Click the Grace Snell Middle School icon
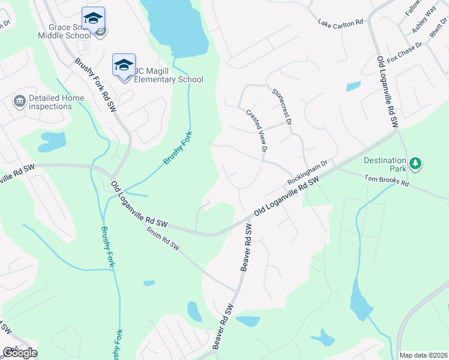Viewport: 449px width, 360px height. pyautogui.click(x=93, y=18)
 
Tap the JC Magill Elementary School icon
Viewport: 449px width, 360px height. pyautogui.click(x=124, y=65)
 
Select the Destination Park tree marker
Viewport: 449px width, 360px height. pyautogui.click(x=415, y=163)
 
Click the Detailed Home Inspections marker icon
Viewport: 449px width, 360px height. pyautogui.click(x=19, y=100)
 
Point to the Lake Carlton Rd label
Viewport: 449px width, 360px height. pyautogui.click(x=341, y=23)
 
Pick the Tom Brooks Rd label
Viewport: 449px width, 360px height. pyautogui.click(x=387, y=181)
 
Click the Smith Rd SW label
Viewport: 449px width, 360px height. pyautogui.click(x=163, y=238)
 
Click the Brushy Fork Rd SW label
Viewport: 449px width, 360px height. pyautogui.click(x=95, y=85)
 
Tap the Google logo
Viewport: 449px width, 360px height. pyautogui.click(x=20, y=353)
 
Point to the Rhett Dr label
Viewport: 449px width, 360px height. pyautogui.click(x=435, y=39)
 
